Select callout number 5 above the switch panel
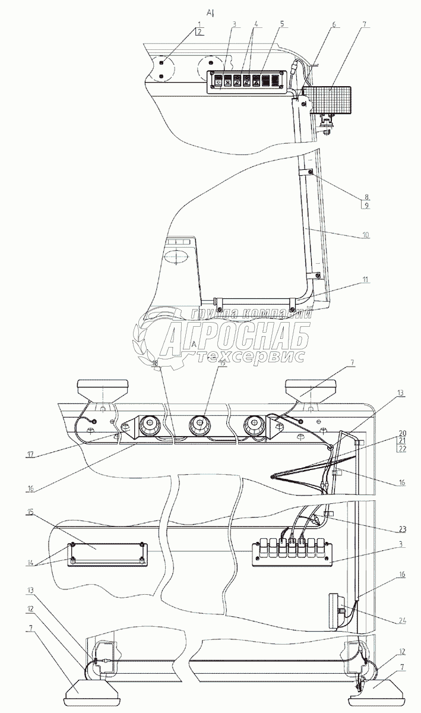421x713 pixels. [x=282, y=25]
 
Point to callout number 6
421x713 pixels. [x=334, y=25]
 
